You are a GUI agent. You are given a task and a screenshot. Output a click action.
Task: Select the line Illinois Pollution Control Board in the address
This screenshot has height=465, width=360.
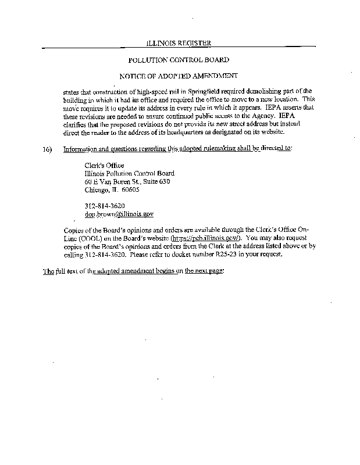(129, 173)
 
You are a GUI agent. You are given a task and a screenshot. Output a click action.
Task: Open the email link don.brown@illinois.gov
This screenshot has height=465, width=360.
(119, 214)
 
